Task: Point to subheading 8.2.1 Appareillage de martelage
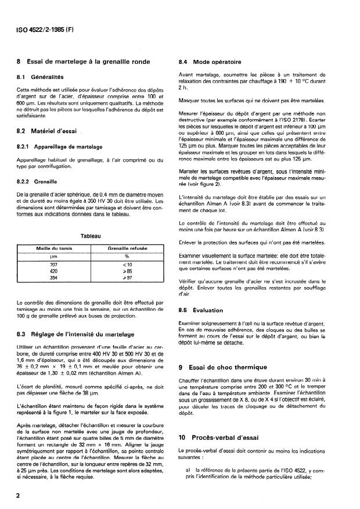coord(64,147)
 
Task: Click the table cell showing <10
coord(126,265)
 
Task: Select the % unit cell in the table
coord(126,256)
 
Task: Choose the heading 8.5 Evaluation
coord(203,310)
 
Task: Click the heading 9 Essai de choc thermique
coord(223,367)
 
